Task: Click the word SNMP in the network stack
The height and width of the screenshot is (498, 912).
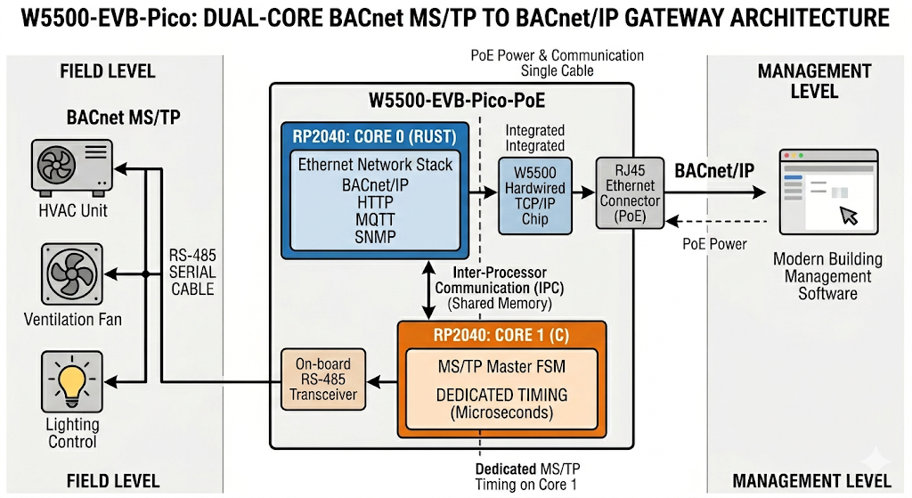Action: point(375,238)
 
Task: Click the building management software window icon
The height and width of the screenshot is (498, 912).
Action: point(824,191)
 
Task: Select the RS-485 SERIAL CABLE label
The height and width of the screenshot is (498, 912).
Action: point(192,272)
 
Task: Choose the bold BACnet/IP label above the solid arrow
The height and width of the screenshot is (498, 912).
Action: point(711,169)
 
